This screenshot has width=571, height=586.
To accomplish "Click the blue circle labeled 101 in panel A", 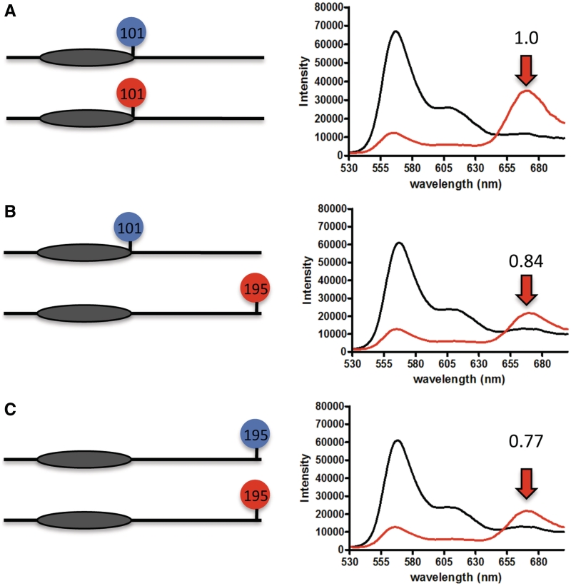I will (131, 32).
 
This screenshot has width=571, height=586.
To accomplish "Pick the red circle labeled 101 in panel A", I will (131, 93).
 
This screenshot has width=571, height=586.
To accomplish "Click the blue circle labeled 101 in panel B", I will (129, 228).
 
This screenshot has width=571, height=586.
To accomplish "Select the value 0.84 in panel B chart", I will (526, 262).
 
